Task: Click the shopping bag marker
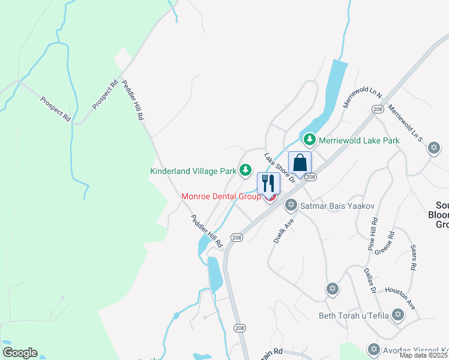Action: click(300, 163)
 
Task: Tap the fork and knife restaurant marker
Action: click(268, 183)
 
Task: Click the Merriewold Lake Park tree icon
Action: click(309, 140)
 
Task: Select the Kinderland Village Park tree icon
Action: click(245, 171)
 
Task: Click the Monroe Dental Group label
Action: click(221, 196)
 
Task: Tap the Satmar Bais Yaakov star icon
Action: click(291, 206)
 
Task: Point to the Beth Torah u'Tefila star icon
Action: click(397, 314)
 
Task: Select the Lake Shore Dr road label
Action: click(280, 167)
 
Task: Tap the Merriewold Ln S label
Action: click(406, 122)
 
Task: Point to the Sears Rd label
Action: click(412, 257)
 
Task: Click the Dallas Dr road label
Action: click(370, 281)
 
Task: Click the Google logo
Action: click(20, 353)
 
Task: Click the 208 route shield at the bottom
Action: click(240, 328)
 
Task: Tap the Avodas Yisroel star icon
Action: click(373, 349)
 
